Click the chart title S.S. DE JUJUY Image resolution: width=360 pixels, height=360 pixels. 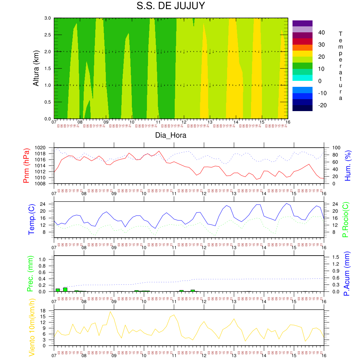[171, 6]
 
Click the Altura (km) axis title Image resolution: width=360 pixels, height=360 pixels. [36, 68]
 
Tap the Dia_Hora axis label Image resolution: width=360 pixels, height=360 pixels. [171, 135]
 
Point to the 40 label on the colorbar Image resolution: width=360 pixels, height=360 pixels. [321, 32]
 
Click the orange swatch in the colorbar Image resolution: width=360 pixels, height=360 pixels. [302, 47]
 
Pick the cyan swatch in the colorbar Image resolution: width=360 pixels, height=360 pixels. [302, 78]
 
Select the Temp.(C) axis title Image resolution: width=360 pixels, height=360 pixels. [32, 219]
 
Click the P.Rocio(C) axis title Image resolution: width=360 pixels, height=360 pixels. [346, 219]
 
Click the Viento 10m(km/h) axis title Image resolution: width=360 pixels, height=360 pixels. [32, 327]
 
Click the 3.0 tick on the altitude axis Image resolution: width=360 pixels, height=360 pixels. [47, 18]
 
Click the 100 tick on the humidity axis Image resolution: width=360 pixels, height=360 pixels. [331, 148]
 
